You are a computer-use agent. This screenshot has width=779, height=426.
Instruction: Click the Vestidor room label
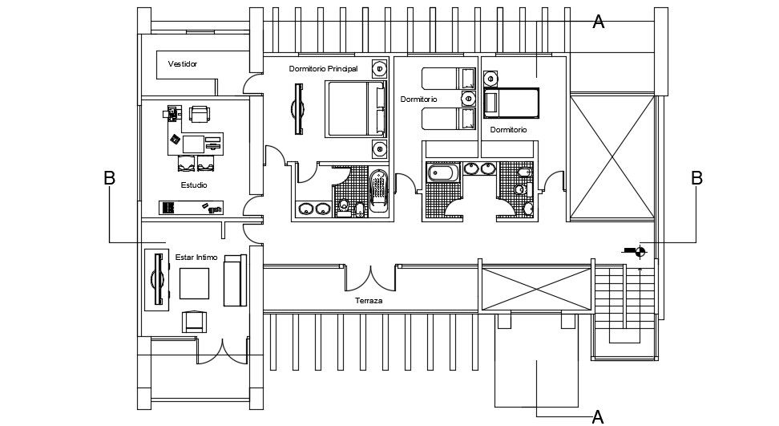click(x=183, y=63)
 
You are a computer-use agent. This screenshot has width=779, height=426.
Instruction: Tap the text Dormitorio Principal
click(x=323, y=69)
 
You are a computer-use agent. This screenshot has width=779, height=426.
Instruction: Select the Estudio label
click(x=194, y=185)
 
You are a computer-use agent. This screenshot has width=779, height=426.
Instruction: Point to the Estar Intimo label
click(x=196, y=258)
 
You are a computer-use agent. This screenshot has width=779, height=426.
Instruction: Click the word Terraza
click(x=369, y=302)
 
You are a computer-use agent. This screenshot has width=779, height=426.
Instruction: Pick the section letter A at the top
click(x=598, y=22)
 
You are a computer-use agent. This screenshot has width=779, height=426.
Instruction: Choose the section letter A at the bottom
click(x=597, y=416)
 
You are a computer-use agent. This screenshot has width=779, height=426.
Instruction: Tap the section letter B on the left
click(x=110, y=178)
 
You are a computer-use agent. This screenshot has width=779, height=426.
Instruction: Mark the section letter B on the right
click(x=696, y=178)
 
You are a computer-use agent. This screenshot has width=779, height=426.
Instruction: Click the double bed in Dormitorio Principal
click(x=353, y=109)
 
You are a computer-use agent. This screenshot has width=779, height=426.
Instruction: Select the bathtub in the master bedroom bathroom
click(x=378, y=193)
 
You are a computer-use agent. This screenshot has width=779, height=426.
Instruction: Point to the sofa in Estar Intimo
click(x=234, y=280)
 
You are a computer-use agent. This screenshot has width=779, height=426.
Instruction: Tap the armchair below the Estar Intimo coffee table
click(x=194, y=321)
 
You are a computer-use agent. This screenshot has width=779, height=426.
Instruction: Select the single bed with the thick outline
click(x=511, y=104)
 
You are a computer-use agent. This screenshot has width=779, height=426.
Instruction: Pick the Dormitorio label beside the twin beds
click(x=418, y=99)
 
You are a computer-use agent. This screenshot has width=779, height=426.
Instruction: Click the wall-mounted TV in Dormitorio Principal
click(x=300, y=109)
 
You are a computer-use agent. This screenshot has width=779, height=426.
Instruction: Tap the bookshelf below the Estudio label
click(x=191, y=208)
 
